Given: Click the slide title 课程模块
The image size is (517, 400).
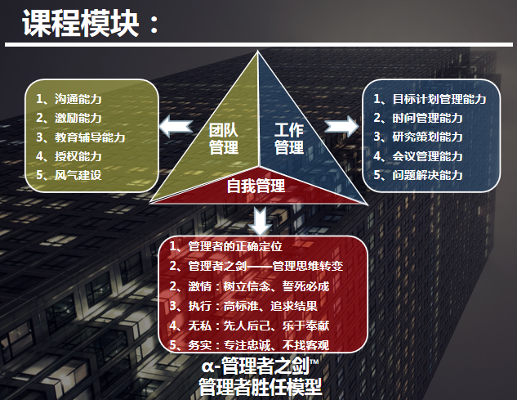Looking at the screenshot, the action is tap(80, 23).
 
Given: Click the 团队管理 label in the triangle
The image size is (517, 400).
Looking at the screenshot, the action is tap(224, 139).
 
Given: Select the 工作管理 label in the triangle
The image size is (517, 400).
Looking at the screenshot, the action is tap(289, 139).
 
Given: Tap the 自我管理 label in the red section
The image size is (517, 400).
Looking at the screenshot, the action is tap(256, 186).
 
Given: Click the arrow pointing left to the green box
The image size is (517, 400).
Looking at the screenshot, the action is tap(176, 126).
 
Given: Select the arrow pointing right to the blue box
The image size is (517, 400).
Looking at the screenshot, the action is tap(342, 126).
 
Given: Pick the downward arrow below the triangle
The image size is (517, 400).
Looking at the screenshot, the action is tap(261, 221).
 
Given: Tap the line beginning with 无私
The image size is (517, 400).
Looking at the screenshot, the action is tap(249, 326).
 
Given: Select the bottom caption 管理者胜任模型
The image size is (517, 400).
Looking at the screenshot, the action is tap(261, 387).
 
